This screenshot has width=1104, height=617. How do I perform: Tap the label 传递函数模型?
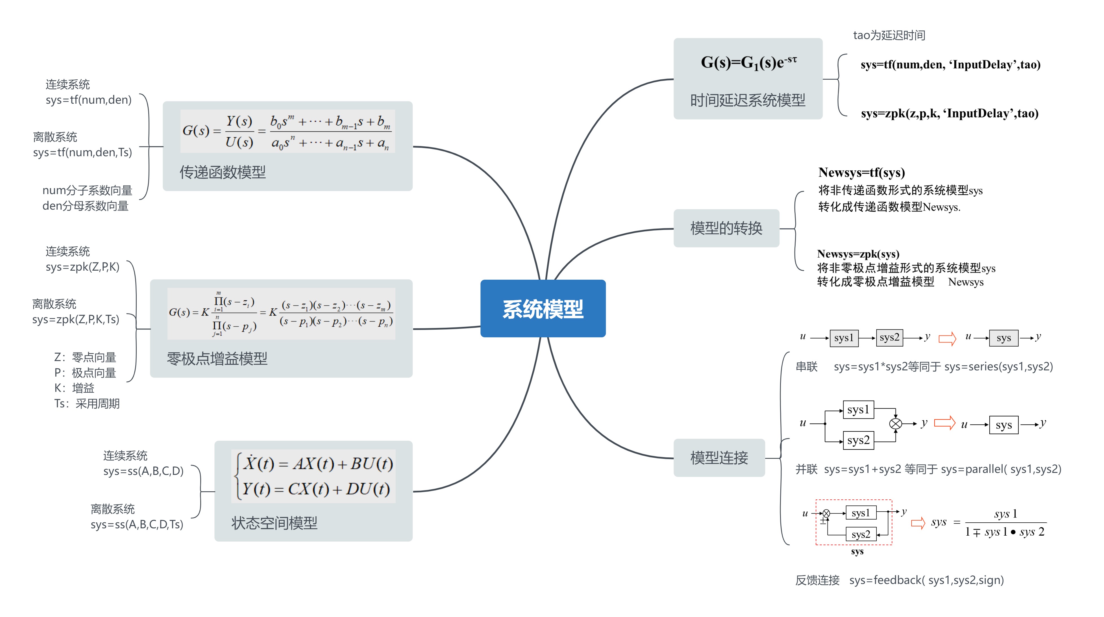223,172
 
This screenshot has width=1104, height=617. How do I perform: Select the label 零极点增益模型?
217,359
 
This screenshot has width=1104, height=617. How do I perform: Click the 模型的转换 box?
726,228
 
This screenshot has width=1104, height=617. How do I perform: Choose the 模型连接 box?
719,458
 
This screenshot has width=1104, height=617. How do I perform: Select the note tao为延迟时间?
889,35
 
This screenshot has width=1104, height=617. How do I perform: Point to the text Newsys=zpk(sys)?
858,254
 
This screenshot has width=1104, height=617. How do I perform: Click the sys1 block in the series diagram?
843,338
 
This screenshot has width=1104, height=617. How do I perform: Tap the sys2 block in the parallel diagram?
858,440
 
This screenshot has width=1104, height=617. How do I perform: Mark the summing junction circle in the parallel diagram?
895,424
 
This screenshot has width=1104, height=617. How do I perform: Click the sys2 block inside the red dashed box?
861,534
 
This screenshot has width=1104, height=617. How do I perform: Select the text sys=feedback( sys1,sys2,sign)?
926,580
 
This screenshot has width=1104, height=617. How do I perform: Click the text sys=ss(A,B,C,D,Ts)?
137,524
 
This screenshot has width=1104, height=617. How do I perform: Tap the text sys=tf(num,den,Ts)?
82,152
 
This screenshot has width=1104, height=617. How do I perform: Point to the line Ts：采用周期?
87,403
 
